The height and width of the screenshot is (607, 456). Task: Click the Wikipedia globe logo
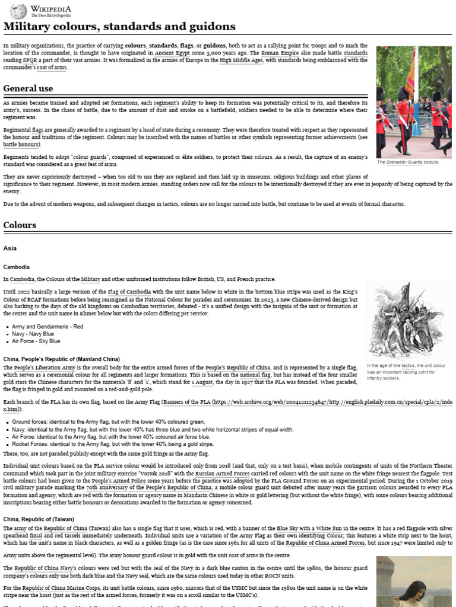(18, 11)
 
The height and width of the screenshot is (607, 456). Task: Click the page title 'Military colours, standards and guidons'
(119, 27)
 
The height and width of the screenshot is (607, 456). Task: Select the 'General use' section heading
(28, 88)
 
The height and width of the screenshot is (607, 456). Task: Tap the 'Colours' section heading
(20, 225)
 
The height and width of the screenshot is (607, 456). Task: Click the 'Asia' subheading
(9, 248)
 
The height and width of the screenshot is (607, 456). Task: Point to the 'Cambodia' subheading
(16, 267)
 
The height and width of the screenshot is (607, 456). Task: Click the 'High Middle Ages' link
(241, 60)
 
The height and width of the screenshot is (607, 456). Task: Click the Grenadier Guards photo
(413, 101)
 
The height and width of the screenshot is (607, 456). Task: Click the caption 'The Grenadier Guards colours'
(408, 162)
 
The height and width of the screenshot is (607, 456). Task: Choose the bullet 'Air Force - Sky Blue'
(36, 341)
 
